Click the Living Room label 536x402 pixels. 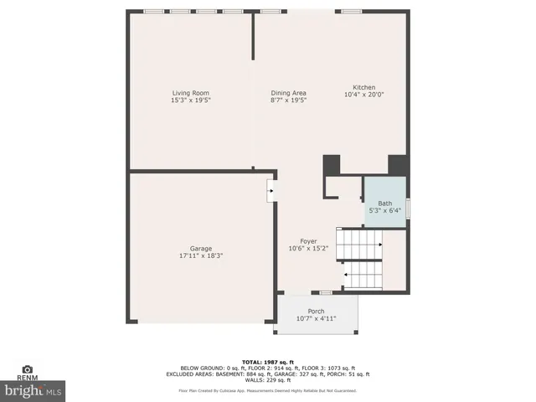point(190,92)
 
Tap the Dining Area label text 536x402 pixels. point(288,92)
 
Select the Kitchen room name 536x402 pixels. point(363,87)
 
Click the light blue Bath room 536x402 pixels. point(384,192)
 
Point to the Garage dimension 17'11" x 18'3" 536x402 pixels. point(200,255)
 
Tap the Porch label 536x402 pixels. point(316,311)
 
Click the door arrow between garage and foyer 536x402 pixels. point(270,191)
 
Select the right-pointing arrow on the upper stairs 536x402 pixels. point(379,245)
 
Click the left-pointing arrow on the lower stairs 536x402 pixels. point(345,274)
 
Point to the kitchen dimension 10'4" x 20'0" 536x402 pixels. point(363,95)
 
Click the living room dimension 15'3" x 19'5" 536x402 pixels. point(190,100)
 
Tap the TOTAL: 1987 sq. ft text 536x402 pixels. point(267,362)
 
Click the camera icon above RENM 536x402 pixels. point(27,368)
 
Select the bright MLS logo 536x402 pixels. point(33,390)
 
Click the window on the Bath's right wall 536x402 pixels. point(408,207)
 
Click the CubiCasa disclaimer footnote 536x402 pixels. point(267,390)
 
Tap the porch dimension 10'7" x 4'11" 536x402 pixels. point(316,318)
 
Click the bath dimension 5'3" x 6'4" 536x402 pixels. point(384,210)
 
